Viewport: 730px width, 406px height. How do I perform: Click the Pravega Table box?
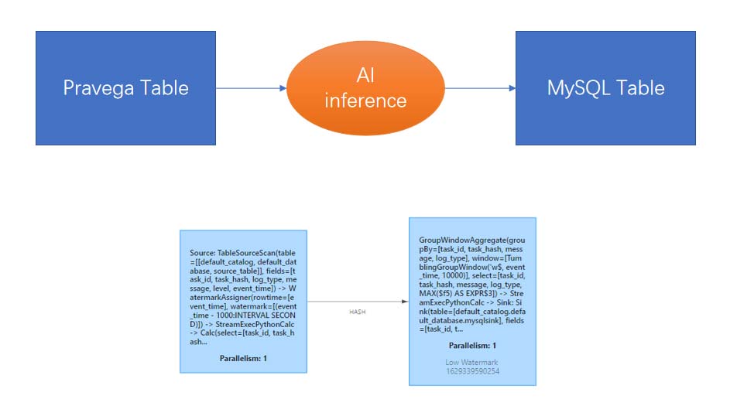tap(125, 88)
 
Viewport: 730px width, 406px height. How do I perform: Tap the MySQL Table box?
tap(605, 88)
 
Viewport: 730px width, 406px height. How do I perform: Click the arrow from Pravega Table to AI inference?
tap(251, 88)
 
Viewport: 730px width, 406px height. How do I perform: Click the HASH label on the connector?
tap(357, 312)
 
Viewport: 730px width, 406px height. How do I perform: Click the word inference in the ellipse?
tap(365, 100)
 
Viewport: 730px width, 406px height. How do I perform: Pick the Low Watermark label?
tap(472, 362)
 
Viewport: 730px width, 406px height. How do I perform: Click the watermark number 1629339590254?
tap(472, 371)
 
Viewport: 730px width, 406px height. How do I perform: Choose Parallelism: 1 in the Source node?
tap(243, 358)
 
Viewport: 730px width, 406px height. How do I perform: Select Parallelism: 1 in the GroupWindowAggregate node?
tap(472, 345)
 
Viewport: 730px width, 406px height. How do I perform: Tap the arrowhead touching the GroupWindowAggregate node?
tap(405, 302)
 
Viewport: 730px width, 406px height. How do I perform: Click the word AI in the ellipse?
tap(365, 76)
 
